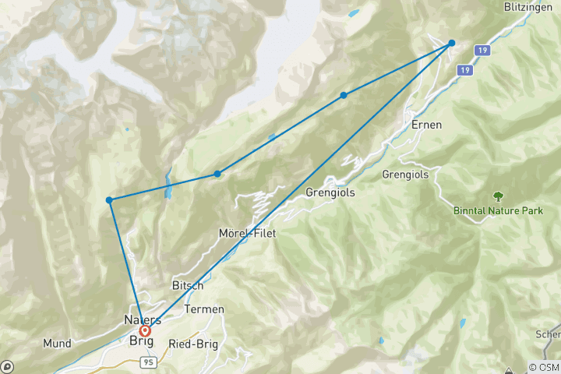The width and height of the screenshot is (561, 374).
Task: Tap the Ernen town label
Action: (427, 125)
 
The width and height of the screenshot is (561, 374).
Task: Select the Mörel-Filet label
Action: (248, 233)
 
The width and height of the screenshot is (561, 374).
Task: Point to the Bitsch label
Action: (187, 285)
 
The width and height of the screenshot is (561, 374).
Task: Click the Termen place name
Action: (204, 309)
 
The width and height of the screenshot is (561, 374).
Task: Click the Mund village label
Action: (58, 342)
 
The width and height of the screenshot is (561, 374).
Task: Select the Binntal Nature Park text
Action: (497, 210)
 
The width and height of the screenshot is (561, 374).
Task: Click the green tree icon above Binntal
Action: (497, 196)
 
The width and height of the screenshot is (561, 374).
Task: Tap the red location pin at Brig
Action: (145, 331)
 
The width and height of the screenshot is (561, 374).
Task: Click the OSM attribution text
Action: (544, 367)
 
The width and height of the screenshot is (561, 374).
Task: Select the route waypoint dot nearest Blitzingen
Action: (451, 43)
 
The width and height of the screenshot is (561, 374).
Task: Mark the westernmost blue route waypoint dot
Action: (110, 200)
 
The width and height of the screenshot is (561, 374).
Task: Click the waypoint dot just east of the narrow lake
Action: (217, 174)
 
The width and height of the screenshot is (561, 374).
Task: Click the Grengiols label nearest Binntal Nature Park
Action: (405, 175)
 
